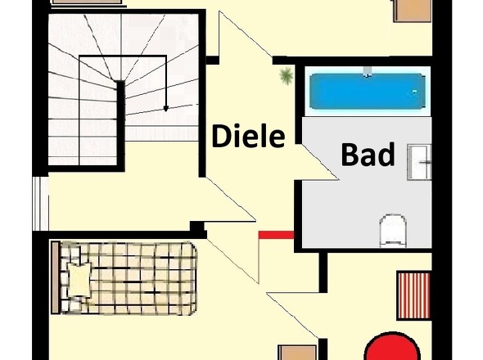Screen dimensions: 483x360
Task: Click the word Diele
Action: (x=248, y=136)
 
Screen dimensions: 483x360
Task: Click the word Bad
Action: (x=368, y=155)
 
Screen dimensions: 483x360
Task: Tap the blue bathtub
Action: (x=367, y=92)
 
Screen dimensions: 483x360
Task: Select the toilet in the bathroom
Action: (x=392, y=231)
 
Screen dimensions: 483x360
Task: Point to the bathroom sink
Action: (x=419, y=162)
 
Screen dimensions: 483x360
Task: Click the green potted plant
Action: (x=287, y=75)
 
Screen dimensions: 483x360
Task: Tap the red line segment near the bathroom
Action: (x=277, y=235)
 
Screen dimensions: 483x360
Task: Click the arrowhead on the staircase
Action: (x=165, y=109)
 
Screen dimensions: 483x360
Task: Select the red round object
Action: (x=392, y=346)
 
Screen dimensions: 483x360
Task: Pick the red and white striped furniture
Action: (x=413, y=295)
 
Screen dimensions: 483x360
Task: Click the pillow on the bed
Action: (x=79, y=280)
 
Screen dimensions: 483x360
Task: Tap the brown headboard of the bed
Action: (x=56, y=277)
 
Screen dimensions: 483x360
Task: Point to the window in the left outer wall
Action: (x=41, y=203)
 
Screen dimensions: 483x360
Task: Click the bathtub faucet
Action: (x=367, y=71)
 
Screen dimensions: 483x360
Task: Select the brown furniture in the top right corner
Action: (x=412, y=11)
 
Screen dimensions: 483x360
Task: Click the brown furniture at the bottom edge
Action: (x=297, y=353)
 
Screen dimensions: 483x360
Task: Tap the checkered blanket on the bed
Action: (x=128, y=278)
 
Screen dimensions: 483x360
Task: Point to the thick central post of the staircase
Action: (x=120, y=124)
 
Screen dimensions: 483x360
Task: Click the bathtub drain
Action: (x=414, y=92)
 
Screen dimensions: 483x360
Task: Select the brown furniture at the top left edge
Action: (x=87, y=2)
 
